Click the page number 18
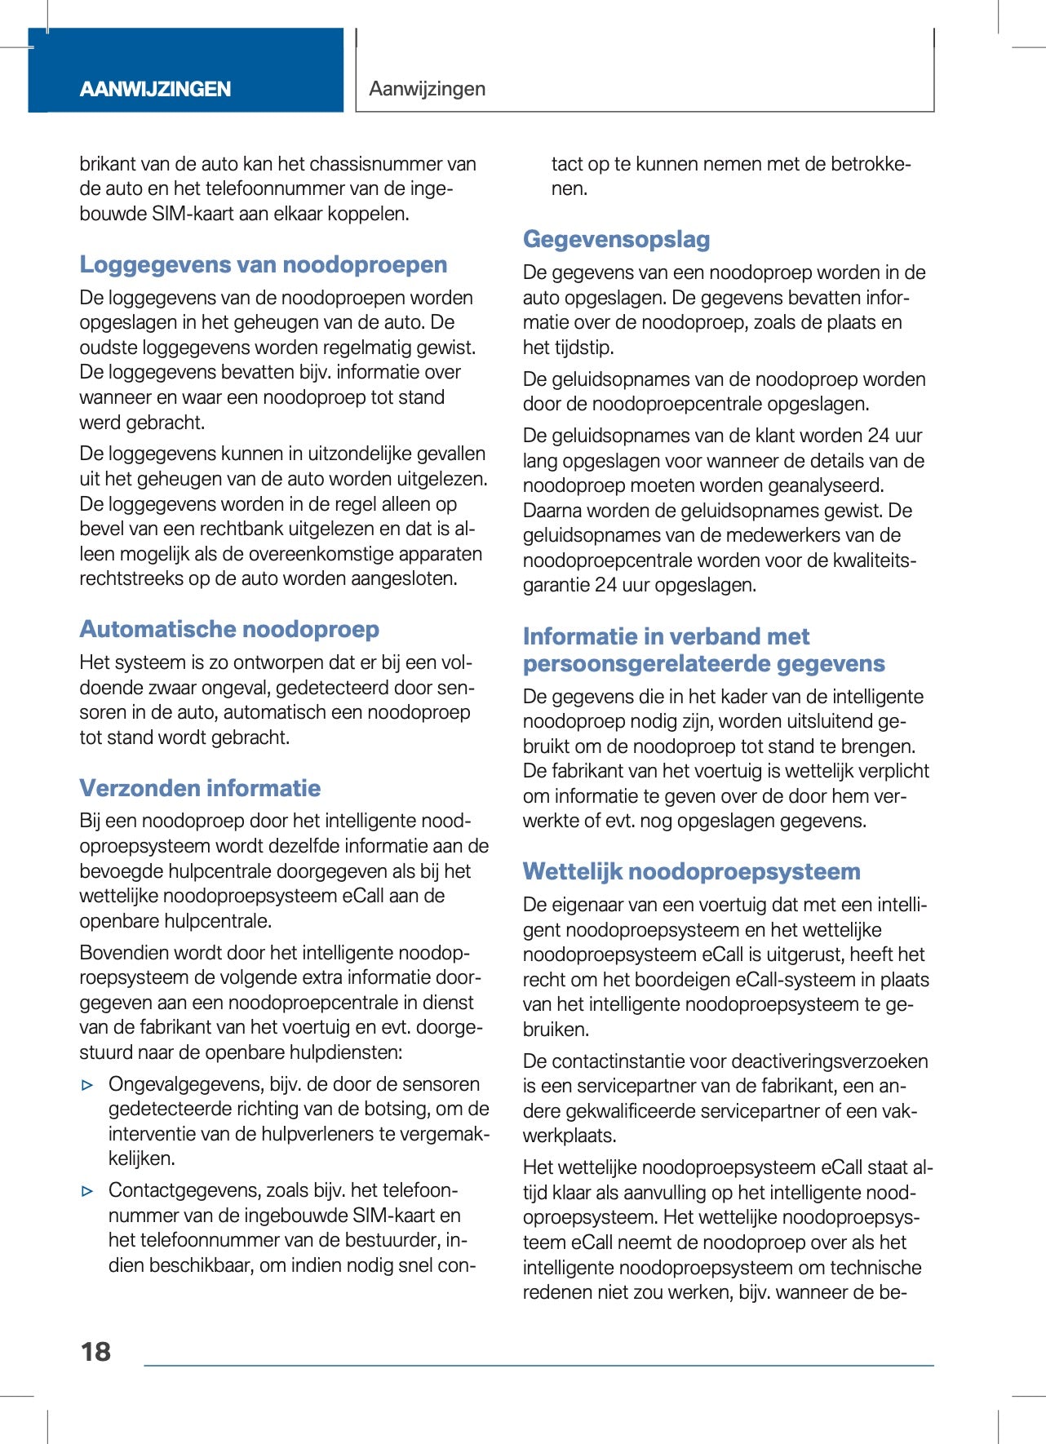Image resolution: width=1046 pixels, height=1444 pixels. point(95,1352)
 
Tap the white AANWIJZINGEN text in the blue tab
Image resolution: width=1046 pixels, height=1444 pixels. point(155,89)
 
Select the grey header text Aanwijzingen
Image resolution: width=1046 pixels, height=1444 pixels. point(427,89)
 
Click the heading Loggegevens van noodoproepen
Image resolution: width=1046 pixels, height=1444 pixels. point(263,265)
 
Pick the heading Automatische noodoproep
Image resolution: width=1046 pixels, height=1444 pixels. point(229,630)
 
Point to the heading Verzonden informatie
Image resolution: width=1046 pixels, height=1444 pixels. point(200,788)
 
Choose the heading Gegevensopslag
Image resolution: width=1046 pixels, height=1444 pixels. point(616,240)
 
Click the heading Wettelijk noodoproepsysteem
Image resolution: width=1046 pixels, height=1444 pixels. point(691,872)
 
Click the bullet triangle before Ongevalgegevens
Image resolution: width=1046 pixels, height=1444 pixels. point(88,1086)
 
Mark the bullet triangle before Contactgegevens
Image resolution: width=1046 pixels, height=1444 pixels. point(88,1192)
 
